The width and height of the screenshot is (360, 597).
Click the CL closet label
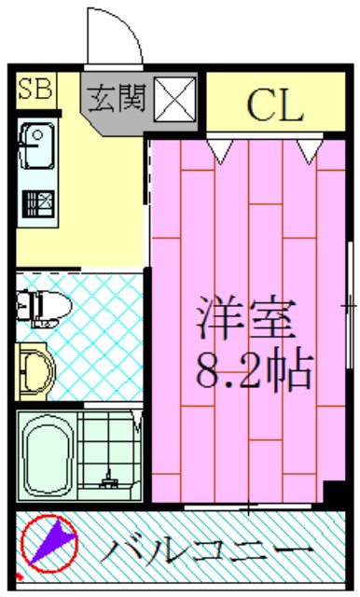(x=275, y=106)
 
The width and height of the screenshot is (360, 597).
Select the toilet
(x=41, y=304)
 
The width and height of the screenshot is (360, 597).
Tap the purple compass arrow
(x=52, y=544)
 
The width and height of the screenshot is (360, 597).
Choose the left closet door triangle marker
(x=221, y=147)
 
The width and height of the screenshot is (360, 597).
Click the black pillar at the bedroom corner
(x=333, y=494)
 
